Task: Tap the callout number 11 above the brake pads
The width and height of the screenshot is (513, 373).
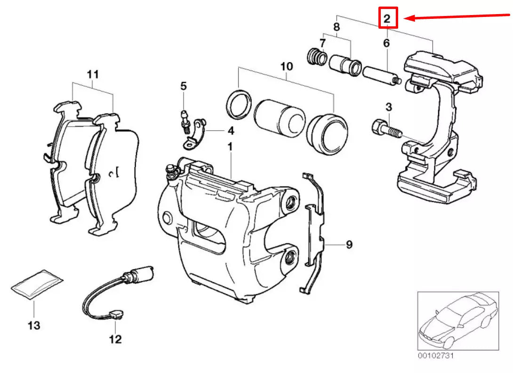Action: pyautogui.click(x=93, y=74)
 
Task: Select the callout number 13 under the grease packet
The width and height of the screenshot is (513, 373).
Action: pyautogui.click(x=34, y=325)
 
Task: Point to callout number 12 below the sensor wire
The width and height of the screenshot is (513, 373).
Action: pyautogui.click(x=116, y=339)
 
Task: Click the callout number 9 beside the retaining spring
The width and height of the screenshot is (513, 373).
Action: pyautogui.click(x=349, y=245)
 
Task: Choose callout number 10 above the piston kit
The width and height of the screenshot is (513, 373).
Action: pyautogui.click(x=286, y=66)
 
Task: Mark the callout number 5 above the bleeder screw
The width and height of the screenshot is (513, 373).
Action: pyautogui.click(x=184, y=86)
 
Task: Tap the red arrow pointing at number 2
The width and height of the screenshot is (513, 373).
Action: pyautogui.click(x=457, y=16)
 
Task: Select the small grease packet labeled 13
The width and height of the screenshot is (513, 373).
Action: pyautogui.click(x=37, y=284)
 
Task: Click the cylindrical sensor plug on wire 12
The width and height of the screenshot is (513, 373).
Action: pyautogui.click(x=143, y=273)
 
